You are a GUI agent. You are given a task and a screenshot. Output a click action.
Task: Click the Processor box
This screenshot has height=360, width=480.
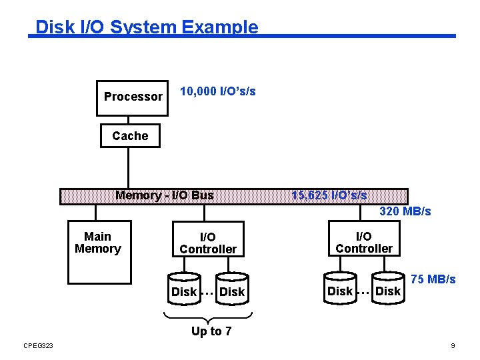(133, 96)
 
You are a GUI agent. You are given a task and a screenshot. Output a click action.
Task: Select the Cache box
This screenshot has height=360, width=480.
(130, 136)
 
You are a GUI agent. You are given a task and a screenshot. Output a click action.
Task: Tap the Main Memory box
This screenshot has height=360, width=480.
(97, 243)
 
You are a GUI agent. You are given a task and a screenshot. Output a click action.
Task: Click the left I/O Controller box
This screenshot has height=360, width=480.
(208, 243)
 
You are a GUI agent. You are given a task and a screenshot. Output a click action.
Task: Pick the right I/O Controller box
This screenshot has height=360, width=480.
(364, 243)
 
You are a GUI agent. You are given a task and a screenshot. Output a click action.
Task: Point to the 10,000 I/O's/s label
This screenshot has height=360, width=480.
(218, 91)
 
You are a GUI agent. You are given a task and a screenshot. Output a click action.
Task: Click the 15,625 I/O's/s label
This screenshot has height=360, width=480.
(329, 195)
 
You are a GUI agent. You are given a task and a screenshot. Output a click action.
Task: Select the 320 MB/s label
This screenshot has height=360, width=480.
(405, 211)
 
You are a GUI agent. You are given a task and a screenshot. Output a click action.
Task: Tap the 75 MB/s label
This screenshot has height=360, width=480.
(433, 279)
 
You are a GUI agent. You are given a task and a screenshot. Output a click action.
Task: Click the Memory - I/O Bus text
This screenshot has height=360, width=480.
(165, 195)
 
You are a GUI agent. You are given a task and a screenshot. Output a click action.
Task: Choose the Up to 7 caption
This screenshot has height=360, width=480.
(211, 331)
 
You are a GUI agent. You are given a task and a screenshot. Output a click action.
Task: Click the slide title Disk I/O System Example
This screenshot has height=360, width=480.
(147, 27)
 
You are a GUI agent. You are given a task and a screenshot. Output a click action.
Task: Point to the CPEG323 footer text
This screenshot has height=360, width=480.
(38, 345)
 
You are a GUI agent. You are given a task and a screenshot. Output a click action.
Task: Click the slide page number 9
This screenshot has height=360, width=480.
(453, 345)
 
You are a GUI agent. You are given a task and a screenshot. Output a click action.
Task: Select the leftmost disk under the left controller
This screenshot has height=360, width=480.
(184, 288)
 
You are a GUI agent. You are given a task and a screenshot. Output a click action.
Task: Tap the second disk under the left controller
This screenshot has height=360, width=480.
(232, 288)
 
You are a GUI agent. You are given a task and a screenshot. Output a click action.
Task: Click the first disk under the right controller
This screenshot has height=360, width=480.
(340, 288)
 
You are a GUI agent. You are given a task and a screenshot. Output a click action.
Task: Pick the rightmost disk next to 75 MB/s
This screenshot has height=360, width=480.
(388, 288)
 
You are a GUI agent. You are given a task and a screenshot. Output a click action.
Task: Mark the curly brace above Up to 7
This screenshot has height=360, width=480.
(208, 316)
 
